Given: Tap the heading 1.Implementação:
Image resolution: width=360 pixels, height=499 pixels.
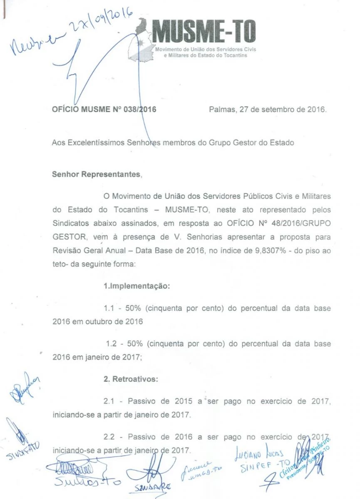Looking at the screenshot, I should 137,287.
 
